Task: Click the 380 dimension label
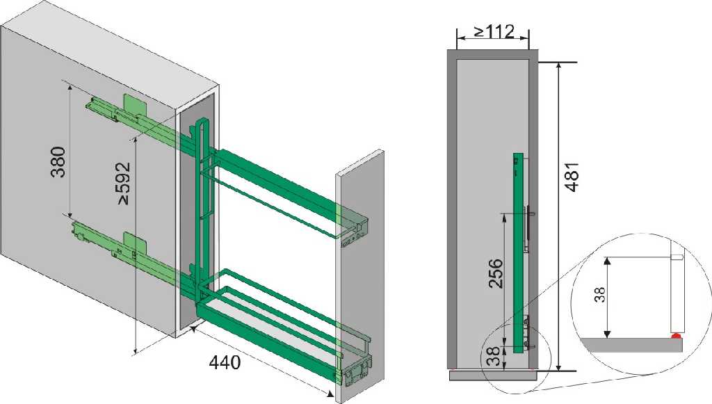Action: pyautogui.click(x=58, y=161)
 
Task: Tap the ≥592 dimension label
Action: pyautogui.click(x=124, y=183)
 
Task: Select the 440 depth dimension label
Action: pyautogui.click(x=225, y=362)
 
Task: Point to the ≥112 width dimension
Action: pyautogui.click(x=494, y=32)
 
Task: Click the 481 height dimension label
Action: pyautogui.click(x=572, y=177)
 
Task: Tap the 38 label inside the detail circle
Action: pyautogui.click(x=599, y=295)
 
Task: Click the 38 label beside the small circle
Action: pyautogui.click(x=494, y=356)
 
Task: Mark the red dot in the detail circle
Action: pyautogui.click(x=676, y=337)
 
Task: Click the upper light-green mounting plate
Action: pyautogui.click(x=136, y=105)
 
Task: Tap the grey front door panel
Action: pyautogui.click(x=359, y=277)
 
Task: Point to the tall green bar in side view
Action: pyautogui.click(x=518, y=253)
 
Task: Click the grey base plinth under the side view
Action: pyautogui.click(x=493, y=375)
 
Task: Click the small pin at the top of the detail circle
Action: pyautogui.click(x=678, y=257)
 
